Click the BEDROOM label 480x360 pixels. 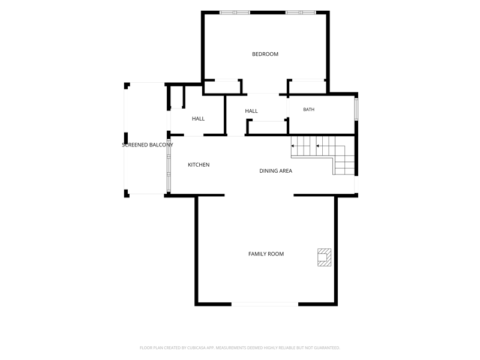click(265, 54)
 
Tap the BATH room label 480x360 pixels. click(308, 109)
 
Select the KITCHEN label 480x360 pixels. click(199, 164)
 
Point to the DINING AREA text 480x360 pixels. click(275, 171)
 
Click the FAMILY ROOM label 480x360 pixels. click(266, 254)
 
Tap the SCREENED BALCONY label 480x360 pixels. click(148, 145)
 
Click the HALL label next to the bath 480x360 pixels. click(251, 111)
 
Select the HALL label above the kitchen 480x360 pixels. click(198, 118)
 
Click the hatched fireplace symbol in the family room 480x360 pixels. click(324, 257)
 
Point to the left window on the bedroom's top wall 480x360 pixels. click(235, 13)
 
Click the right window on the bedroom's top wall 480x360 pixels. click(301, 13)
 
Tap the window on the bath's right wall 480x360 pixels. click(356, 109)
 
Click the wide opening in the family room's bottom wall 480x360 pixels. click(265, 304)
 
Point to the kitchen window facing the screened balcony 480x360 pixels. click(169, 166)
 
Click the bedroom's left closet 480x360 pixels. click(222, 86)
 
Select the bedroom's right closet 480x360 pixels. click(307, 86)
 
